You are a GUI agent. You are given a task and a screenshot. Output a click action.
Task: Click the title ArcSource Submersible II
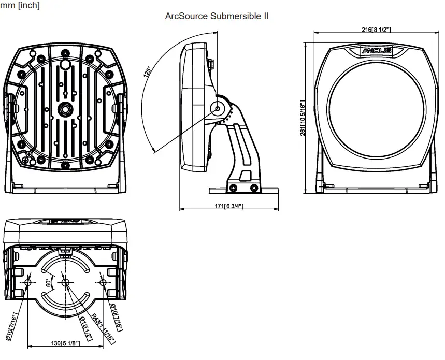tap(217, 16)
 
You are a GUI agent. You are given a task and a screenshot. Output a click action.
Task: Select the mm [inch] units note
tap(20, 5)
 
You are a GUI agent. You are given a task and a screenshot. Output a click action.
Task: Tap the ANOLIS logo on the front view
tap(376, 51)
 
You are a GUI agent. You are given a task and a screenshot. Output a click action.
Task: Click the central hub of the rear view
tap(65, 110)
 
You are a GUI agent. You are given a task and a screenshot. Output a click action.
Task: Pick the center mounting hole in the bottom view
tap(65, 282)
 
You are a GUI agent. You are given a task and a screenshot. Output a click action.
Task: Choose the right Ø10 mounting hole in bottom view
tap(103, 282)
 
